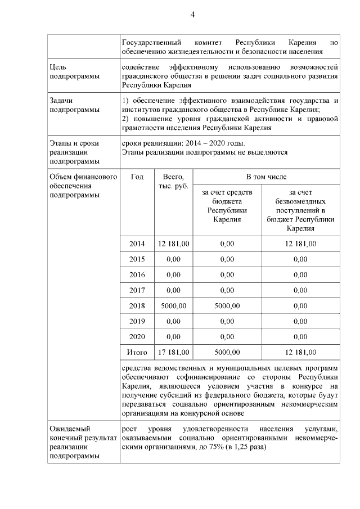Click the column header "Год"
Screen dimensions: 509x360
(x=137, y=177)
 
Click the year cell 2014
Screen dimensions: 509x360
(x=137, y=244)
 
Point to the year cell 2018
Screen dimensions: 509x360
(x=137, y=306)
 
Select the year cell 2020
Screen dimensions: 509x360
(x=137, y=337)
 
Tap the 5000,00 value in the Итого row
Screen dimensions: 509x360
(x=227, y=353)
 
